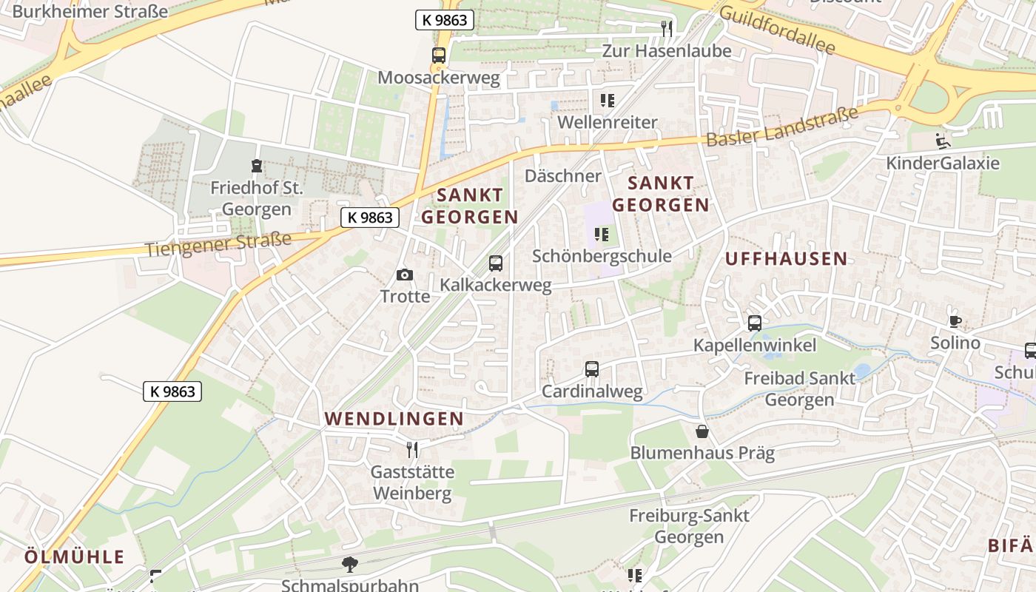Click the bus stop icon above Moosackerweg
click(x=439, y=55)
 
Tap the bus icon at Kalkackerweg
click(x=496, y=263)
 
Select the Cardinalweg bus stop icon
click(x=592, y=369)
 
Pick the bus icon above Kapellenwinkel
click(x=755, y=323)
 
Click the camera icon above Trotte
click(x=404, y=275)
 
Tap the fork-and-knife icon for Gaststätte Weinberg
click(x=412, y=449)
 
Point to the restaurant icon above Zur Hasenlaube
click(x=667, y=29)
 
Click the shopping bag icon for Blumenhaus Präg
click(x=702, y=431)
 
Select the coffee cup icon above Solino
click(x=955, y=321)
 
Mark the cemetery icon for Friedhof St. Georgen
click(x=256, y=165)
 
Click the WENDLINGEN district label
click(x=394, y=419)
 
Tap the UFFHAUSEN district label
click(x=786, y=258)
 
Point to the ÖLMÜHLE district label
click(x=74, y=557)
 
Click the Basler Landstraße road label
click(x=782, y=127)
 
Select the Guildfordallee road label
click(x=776, y=30)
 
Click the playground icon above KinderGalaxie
click(x=943, y=141)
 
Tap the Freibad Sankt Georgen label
click(x=799, y=388)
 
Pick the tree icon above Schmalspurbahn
click(x=350, y=565)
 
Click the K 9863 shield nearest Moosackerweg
click(x=444, y=20)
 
